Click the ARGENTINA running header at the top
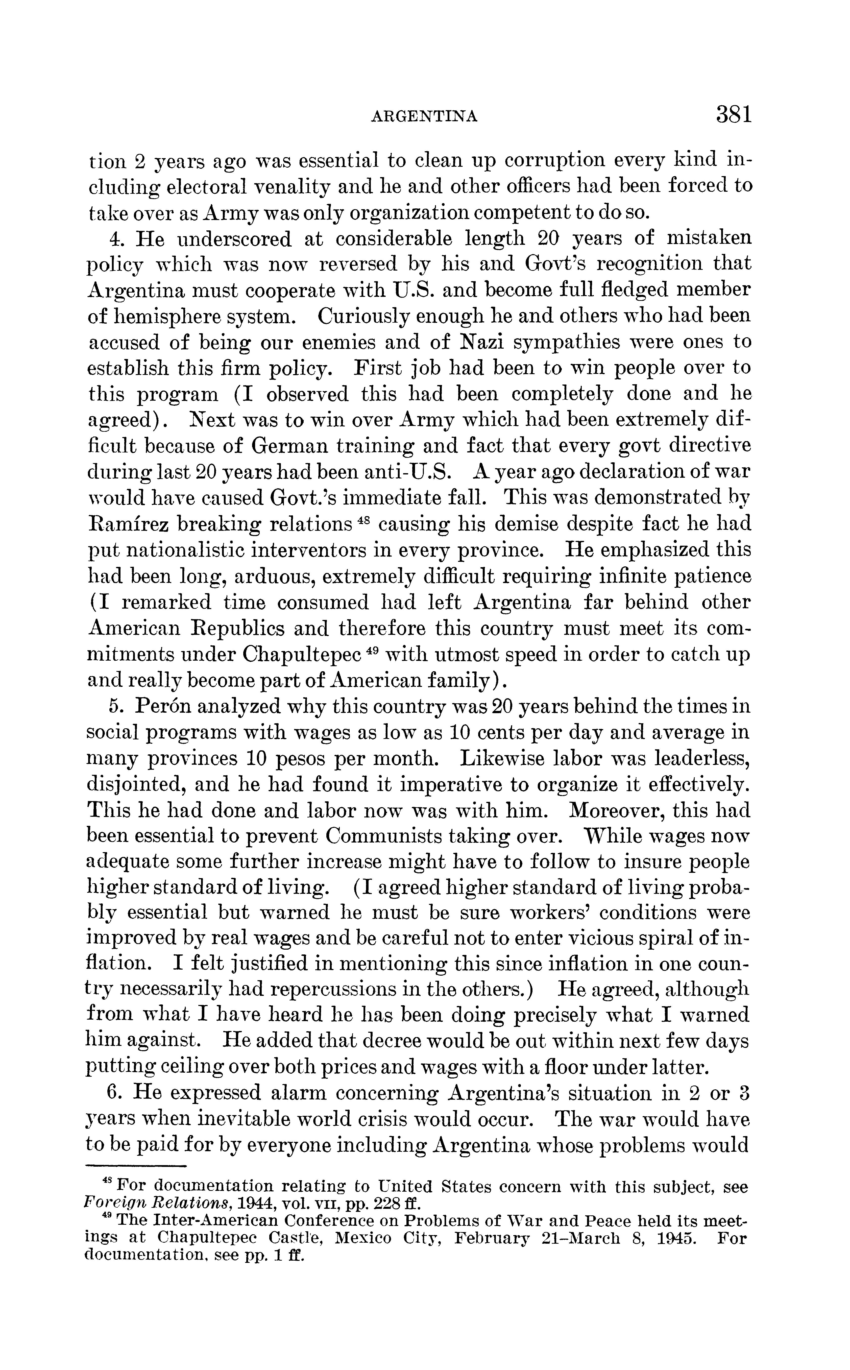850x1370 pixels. click(x=425, y=116)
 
